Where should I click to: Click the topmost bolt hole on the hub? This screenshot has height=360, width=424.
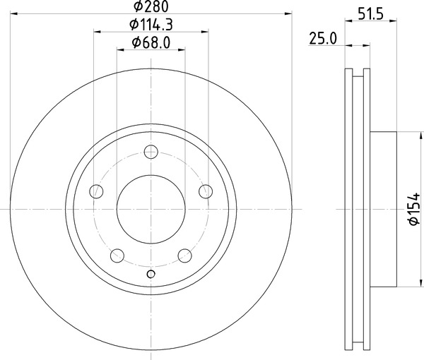click(x=151, y=151)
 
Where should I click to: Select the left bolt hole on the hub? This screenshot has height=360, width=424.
click(x=95, y=191)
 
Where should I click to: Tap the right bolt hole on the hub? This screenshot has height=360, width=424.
click(x=206, y=191)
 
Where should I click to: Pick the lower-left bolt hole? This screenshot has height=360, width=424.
click(x=117, y=256)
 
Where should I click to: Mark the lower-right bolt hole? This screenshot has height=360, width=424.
click(x=185, y=256)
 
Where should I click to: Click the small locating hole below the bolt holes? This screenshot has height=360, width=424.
click(x=151, y=275)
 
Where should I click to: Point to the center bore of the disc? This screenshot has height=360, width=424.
click(x=151, y=209)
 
